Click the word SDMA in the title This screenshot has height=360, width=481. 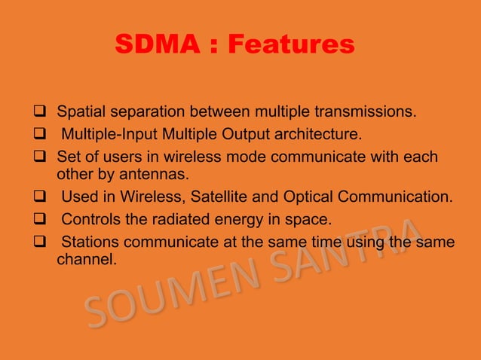point(156,45)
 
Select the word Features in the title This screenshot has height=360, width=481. point(291,45)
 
